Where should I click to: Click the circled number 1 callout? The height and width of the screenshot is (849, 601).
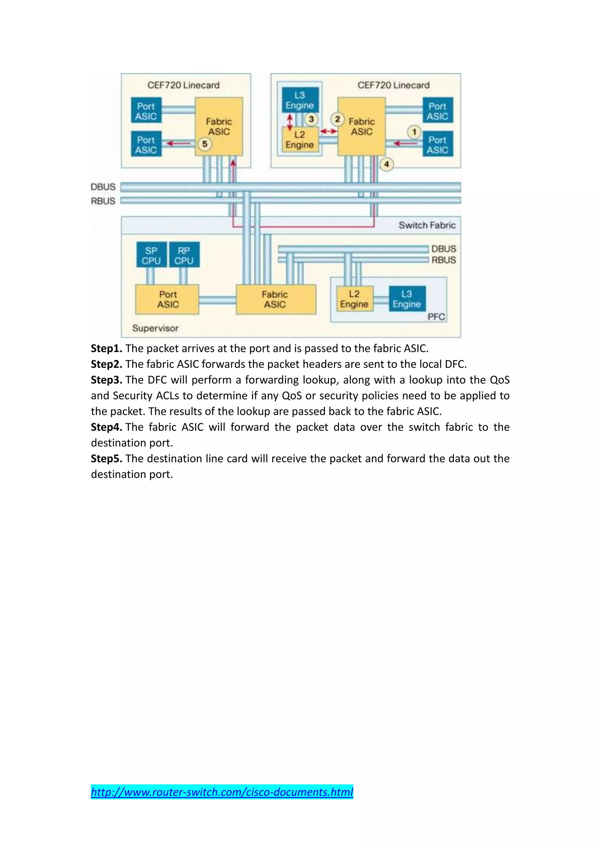[414, 132]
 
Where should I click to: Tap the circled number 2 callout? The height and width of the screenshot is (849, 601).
[337, 119]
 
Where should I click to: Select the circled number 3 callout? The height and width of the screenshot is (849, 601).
[311, 119]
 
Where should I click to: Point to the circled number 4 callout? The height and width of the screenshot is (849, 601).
[387, 164]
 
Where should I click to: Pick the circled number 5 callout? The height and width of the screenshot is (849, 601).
[205, 144]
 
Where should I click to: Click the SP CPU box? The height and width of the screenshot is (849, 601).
[151, 255]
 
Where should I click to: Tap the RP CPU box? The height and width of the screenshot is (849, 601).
[184, 255]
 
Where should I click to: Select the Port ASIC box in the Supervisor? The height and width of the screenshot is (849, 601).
[167, 299]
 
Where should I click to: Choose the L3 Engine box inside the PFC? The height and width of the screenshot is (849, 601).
[407, 299]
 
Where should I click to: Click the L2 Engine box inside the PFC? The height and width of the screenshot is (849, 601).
[354, 299]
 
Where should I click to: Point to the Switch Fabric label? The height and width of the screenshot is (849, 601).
[427, 225]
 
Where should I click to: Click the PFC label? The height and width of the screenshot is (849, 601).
[436, 317]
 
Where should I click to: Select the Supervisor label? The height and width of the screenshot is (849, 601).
[155, 328]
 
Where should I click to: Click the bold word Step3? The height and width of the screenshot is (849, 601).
[107, 380]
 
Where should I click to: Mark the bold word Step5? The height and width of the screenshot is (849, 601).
[107, 459]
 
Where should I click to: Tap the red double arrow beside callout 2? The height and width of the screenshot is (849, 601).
[329, 131]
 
